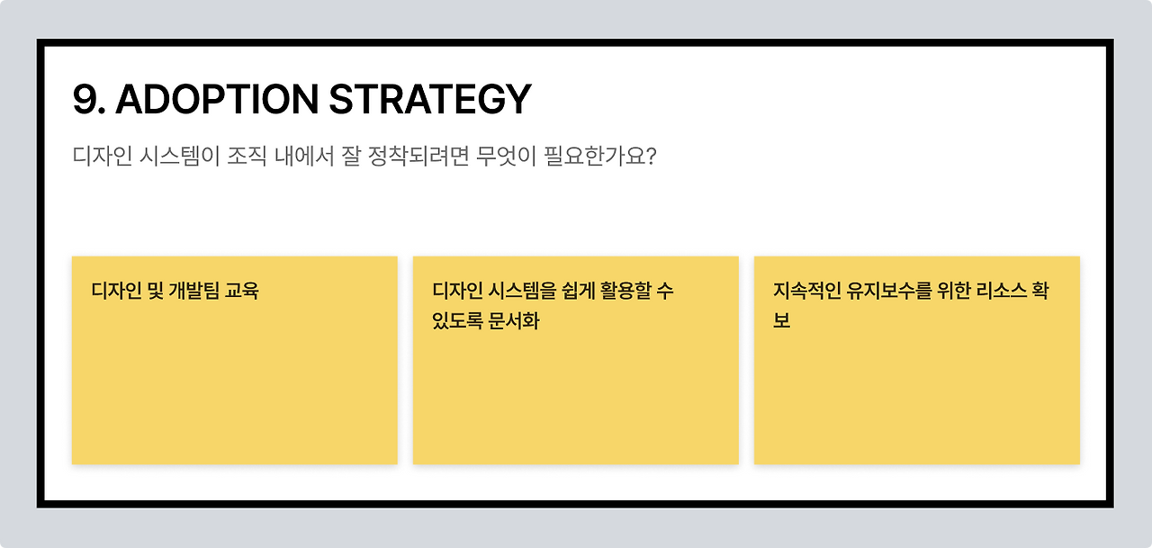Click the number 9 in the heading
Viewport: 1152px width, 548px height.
coord(85,100)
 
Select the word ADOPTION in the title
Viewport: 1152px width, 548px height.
coord(216,100)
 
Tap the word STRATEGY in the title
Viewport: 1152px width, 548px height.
coord(429,100)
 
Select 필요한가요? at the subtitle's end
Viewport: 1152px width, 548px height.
coord(600,156)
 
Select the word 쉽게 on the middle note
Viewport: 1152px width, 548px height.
coord(553,291)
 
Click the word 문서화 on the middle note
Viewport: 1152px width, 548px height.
coord(514,321)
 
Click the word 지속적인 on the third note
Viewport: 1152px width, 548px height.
coord(806,291)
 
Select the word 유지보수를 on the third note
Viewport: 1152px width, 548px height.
coord(890,291)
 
